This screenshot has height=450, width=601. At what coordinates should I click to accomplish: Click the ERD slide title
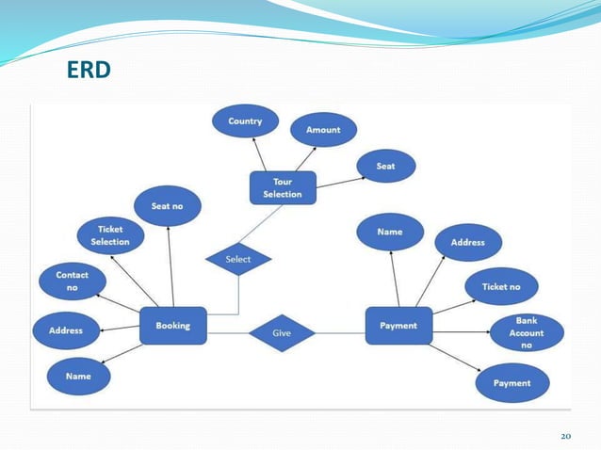[x=89, y=69]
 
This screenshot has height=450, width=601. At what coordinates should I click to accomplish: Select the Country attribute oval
[x=245, y=121]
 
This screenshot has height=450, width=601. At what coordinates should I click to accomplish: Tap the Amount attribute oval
[x=322, y=130]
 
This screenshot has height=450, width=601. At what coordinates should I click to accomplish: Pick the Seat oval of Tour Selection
[x=385, y=166]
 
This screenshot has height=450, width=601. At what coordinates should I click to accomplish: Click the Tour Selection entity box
[x=283, y=187]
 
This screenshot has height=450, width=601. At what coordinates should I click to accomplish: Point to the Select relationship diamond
[x=238, y=258]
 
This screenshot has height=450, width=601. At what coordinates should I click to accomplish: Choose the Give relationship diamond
[x=281, y=332]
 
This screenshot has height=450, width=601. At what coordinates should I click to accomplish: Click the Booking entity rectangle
[x=172, y=326]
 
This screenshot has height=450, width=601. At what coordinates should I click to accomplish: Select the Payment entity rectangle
[x=398, y=326]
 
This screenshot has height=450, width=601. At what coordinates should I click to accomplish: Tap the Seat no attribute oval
[x=167, y=206]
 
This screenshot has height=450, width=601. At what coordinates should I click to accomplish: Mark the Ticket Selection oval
[x=110, y=235]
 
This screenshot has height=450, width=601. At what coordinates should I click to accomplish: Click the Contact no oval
[x=72, y=281]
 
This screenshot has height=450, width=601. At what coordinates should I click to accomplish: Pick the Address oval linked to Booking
[x=65, y=330]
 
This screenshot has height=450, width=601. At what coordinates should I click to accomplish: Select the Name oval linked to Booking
[x=78, y=376]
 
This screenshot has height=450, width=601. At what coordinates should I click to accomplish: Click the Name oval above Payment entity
[x=390, y=232]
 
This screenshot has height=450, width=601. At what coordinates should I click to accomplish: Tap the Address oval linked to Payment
[x=467, y=242]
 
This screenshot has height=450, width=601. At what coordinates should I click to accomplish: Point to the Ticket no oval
[x=501, y=285]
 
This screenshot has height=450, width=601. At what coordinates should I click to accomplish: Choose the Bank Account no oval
[x=528, y=333]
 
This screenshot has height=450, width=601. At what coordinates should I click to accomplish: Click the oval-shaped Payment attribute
[x=512, y=383]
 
